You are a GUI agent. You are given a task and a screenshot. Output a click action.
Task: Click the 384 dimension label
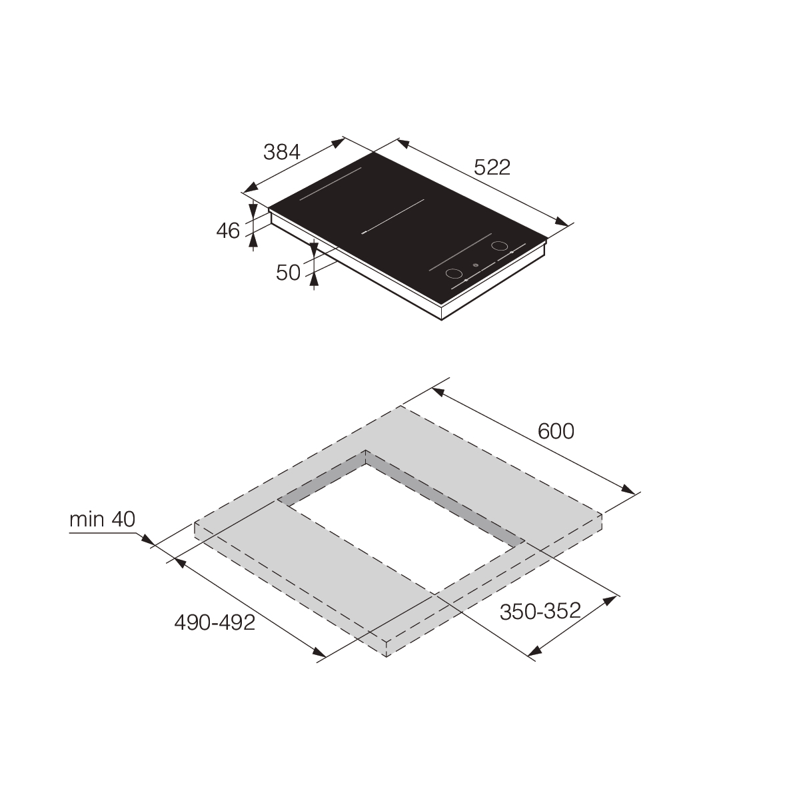282,152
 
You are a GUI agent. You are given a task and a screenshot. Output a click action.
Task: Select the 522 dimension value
492,167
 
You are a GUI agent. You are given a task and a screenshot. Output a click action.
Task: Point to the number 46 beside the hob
228,231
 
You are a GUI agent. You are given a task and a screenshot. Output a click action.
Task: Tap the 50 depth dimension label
289,273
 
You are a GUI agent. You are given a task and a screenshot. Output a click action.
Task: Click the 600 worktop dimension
556,431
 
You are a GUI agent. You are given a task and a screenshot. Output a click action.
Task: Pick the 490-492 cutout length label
215,623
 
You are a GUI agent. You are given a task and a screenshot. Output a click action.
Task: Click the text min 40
102,519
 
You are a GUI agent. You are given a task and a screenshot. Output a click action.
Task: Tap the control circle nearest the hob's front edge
454,274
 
